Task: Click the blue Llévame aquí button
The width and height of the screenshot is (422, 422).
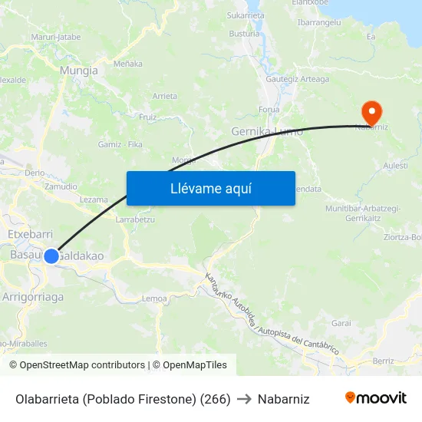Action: point(210,188)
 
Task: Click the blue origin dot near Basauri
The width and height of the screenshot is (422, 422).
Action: point(51,256)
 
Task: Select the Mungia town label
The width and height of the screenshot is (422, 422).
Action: point(79,71)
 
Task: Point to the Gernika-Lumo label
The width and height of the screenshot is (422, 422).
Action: point(267,132)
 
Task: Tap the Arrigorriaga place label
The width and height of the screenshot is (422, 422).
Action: point(33,296)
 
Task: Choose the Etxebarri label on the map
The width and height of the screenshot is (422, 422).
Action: point(29,233)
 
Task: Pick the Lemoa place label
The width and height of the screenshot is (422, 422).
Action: point(154,298)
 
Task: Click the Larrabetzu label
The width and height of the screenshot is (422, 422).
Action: point(134,219)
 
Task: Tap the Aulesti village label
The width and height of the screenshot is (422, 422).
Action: point(395,165)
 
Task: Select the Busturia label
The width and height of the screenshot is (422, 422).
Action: point(244,34)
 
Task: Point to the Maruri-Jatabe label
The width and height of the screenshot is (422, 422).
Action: point(55,36)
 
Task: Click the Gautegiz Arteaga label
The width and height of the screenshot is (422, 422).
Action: point(297,79)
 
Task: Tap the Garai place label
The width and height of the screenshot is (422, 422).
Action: point(341,323)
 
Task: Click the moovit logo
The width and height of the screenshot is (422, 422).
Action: point(375,398)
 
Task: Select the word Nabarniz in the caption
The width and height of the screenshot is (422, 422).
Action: point(283,399)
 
